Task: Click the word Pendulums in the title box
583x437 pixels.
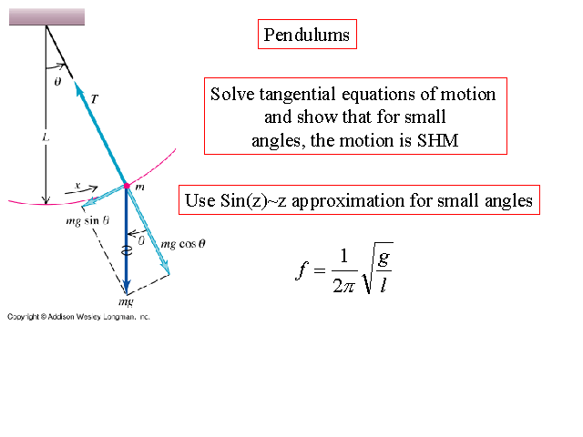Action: click(x=306, y=36)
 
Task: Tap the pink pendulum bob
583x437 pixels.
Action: click(x=127, y=187)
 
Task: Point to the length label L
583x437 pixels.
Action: click(x=45, y=137)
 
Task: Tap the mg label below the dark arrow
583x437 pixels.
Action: click(x=126, y=300)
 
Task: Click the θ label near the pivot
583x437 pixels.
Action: click(x=57, y=81)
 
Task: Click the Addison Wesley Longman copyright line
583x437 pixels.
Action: click(x=78, y=317)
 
